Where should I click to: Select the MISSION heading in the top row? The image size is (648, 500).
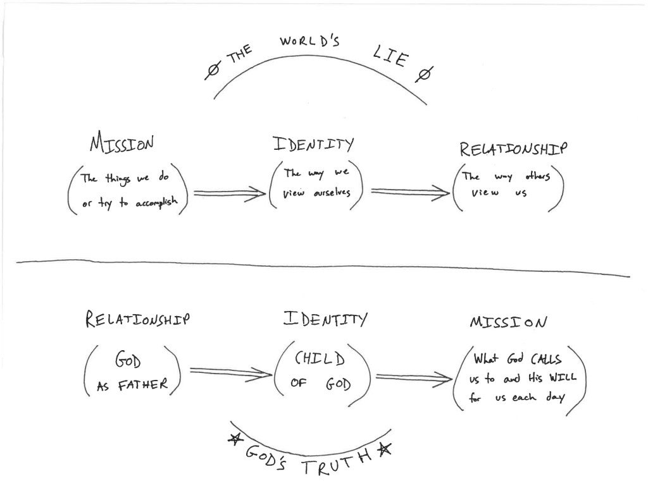121,145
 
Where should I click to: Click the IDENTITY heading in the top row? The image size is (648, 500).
313,144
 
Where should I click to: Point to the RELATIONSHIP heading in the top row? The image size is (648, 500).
513,149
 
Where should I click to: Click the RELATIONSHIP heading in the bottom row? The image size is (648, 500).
137,320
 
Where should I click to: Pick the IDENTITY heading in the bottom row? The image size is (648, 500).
323,319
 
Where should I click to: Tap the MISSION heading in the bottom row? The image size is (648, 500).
508,322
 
